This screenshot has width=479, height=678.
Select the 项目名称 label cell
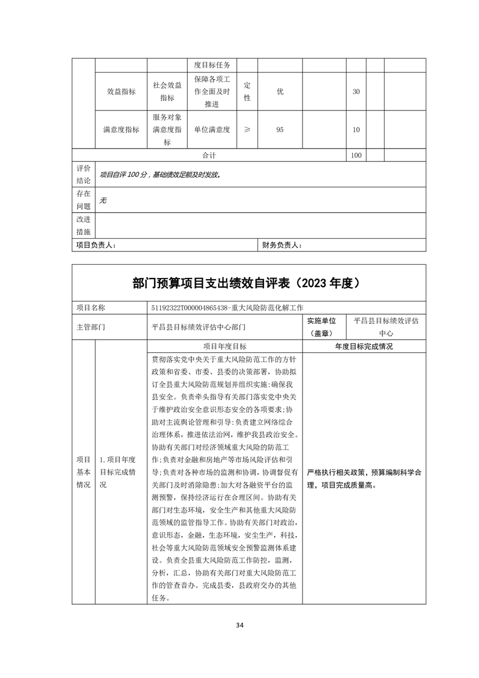pos(91,308)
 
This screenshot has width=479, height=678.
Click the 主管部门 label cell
pos(91,326)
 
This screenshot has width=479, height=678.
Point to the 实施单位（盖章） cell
pos(326,326)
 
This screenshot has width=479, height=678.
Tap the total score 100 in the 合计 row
pos(356,155)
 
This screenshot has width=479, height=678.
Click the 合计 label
pos(209,155)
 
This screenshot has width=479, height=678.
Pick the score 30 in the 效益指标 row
pos(356,91)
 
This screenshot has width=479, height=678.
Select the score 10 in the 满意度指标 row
pos(356,129)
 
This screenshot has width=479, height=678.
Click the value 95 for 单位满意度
pos(280,129)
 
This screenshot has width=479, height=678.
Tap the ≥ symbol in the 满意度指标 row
pos(247,129)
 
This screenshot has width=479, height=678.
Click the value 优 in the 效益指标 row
pos(280,91)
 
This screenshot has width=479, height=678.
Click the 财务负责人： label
pos(282,245)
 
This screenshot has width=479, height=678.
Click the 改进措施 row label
pos(83,225)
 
